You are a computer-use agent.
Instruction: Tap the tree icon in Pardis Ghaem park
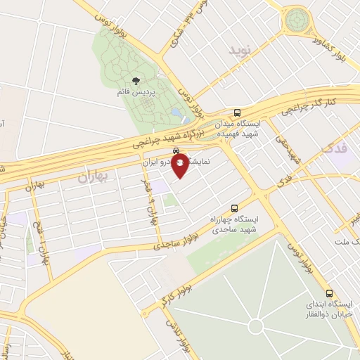(x=136, y=82)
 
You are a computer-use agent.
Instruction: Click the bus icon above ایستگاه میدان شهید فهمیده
(x=238, y=112)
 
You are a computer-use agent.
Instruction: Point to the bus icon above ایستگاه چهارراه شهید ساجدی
(x=234, y=208)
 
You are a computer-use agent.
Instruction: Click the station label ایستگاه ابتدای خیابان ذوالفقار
(x=329, y=308)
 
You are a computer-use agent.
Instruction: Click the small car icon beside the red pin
(x=175, y=150)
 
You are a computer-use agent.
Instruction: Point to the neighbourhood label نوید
(x=240, y=51)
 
